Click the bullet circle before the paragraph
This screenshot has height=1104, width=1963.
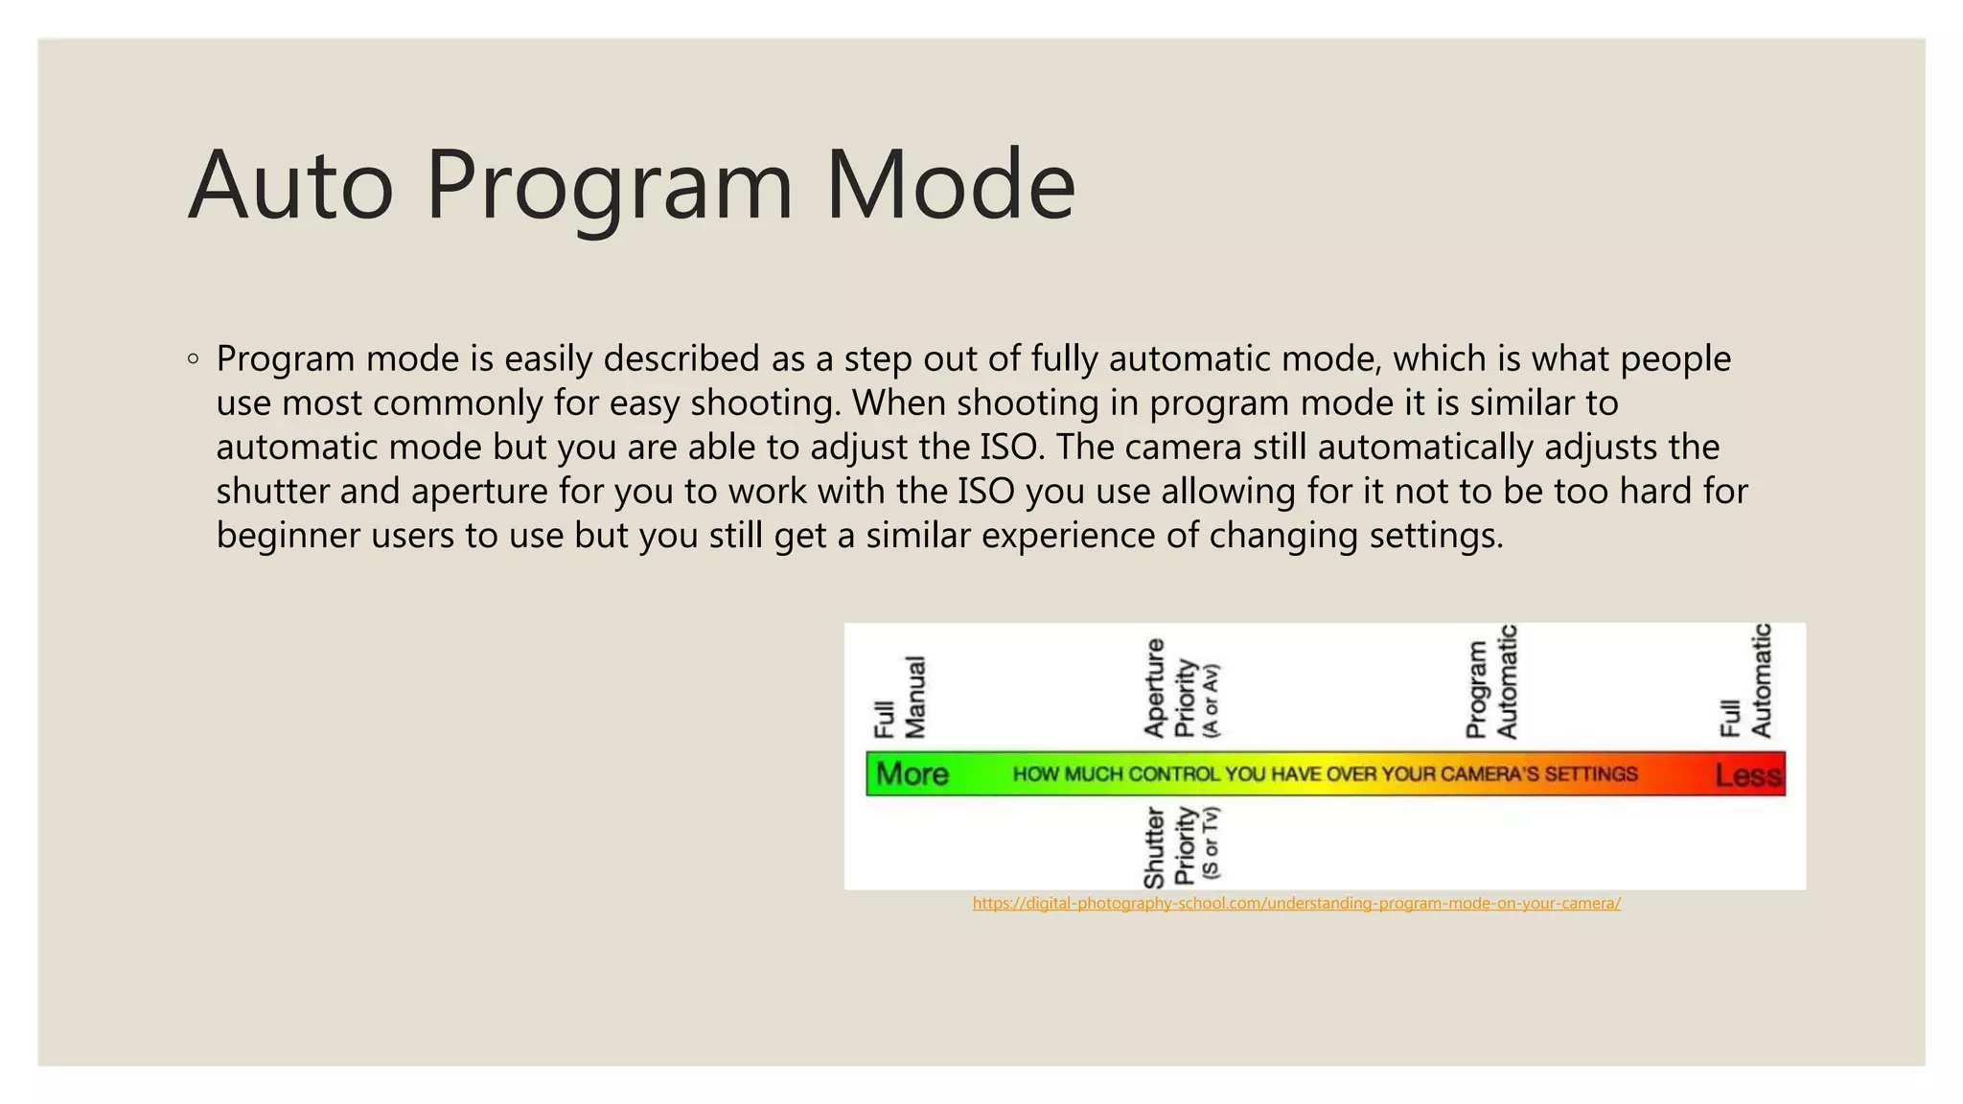pyautogui.click(x=194, y=359)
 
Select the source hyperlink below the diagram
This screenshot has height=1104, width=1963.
pyautogui.click(x=1296, y=903)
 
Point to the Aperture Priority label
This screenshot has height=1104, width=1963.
pyautogui.click(x=1181, y=688)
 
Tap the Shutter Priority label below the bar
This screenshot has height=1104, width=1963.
pyautogui.click(x=1181, y=846)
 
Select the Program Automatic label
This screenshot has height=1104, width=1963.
pyautogui.click(x=1491, y=682)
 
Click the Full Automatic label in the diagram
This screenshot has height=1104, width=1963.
pyautogui.click(x=1745, y=680)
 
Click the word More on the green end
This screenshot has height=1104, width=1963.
pyautogui.click(x=912, y=774)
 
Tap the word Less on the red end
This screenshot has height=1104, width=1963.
pyautogui.click(x=1748, y=774)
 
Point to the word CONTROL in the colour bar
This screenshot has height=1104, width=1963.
pyautogui.click(x=1174, y=774)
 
